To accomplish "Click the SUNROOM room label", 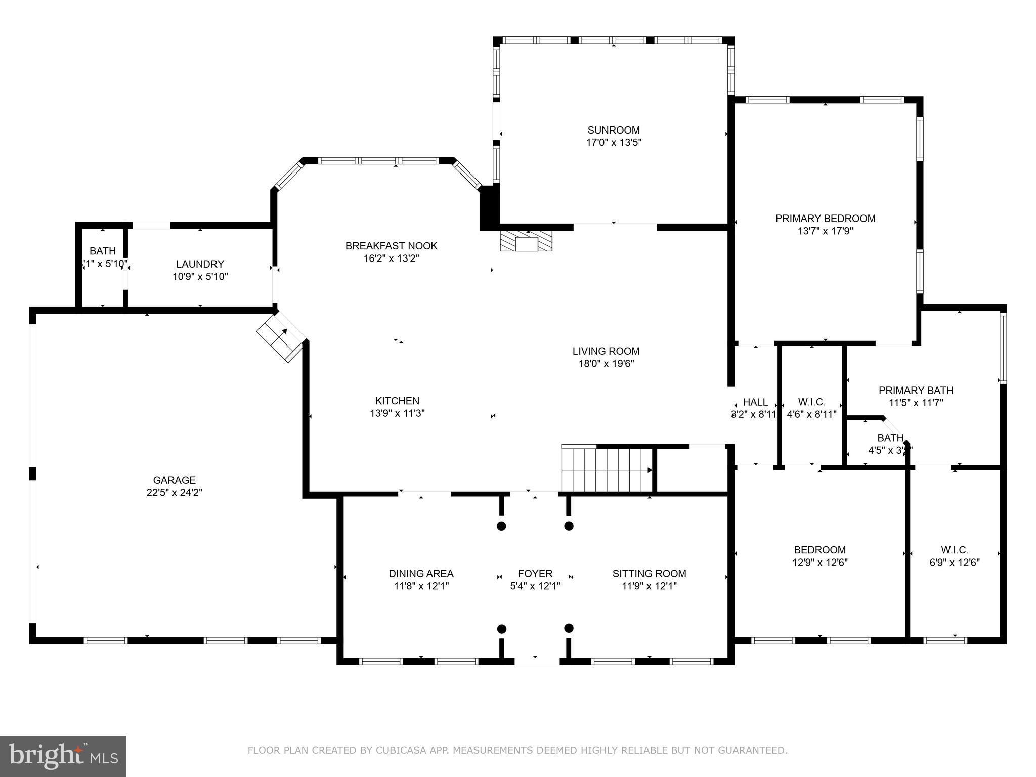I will (x=614, y=130).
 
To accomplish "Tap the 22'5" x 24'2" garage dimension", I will (x=175, y=493).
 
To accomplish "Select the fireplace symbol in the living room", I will (x=526, y=242).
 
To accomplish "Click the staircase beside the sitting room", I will (x=607, y=469).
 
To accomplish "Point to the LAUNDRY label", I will (x=200, y=264).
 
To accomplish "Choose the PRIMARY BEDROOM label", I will (x=825, y=219).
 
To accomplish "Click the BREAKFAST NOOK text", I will (x=391, y=246).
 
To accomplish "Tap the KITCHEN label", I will (x=397, y=401).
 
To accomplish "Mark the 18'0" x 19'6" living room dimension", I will (x=606, y=364).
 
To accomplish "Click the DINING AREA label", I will (x=421, y=574).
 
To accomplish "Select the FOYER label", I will (x=535, y=574).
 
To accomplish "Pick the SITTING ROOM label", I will (x=649, y=574).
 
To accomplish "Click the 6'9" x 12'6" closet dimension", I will (x=955, y=563).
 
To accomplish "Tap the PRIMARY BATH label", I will (x=916, y=391).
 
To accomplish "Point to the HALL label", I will (x=755, y=402).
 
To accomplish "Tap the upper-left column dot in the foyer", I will (x=501, y=526).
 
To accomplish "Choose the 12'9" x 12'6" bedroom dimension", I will (x=819, y=563).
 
